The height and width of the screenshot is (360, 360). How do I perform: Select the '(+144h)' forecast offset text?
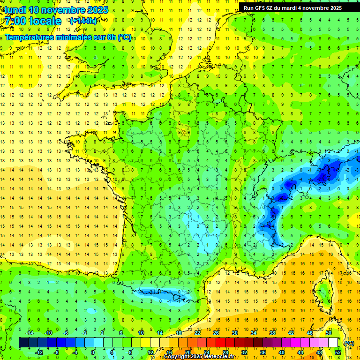coord(83,21)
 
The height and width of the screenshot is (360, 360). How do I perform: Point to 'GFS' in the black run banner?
coord(261,8)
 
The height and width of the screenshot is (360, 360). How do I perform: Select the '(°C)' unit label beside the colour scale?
coord(349,344)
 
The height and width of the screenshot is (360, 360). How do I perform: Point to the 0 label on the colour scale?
coord(93,352)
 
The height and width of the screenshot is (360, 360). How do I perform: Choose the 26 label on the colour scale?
coord(216,333)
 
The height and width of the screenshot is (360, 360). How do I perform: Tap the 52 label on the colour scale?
coord(337,352)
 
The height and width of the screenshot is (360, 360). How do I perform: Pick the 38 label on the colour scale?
coord(272,333)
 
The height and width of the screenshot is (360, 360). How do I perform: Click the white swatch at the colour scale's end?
coord(333,343)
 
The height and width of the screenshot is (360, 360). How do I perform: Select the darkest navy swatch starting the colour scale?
coord(23,343)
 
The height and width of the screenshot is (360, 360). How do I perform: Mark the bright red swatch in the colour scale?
coord(220,343)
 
